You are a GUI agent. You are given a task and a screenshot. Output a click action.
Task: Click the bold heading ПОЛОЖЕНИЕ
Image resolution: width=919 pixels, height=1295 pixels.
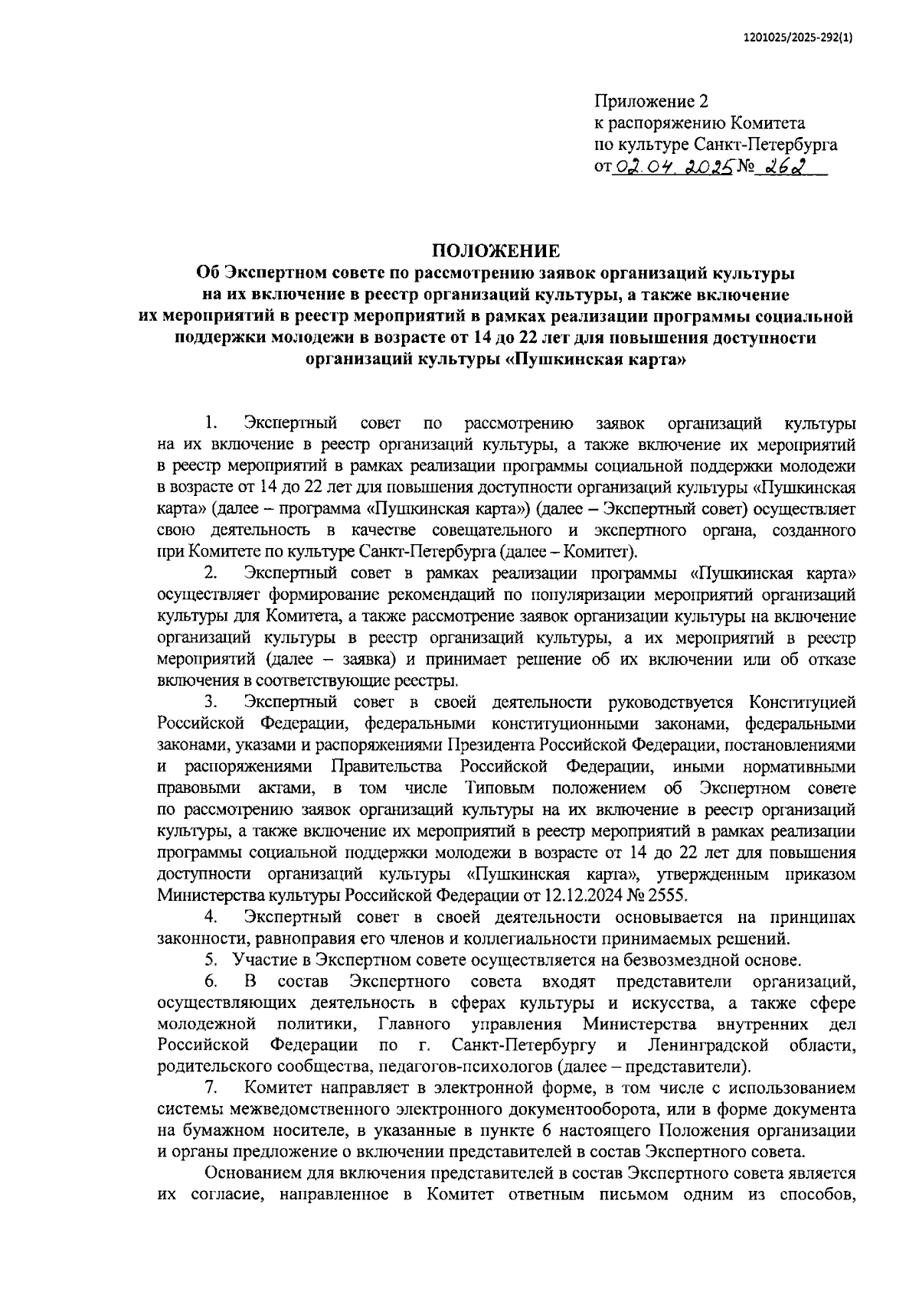pyautogui.click(x=495, y=250)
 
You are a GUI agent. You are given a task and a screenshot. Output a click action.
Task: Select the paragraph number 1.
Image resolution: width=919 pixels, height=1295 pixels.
pyautogui.click(x=211, y=423)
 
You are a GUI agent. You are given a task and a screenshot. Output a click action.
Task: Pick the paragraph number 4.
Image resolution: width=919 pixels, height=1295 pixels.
pyautogui.click(x=211, y=917)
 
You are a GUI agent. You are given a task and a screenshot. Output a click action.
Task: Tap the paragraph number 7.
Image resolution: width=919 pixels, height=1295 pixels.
pyautogui.click(x=211, y=1088)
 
